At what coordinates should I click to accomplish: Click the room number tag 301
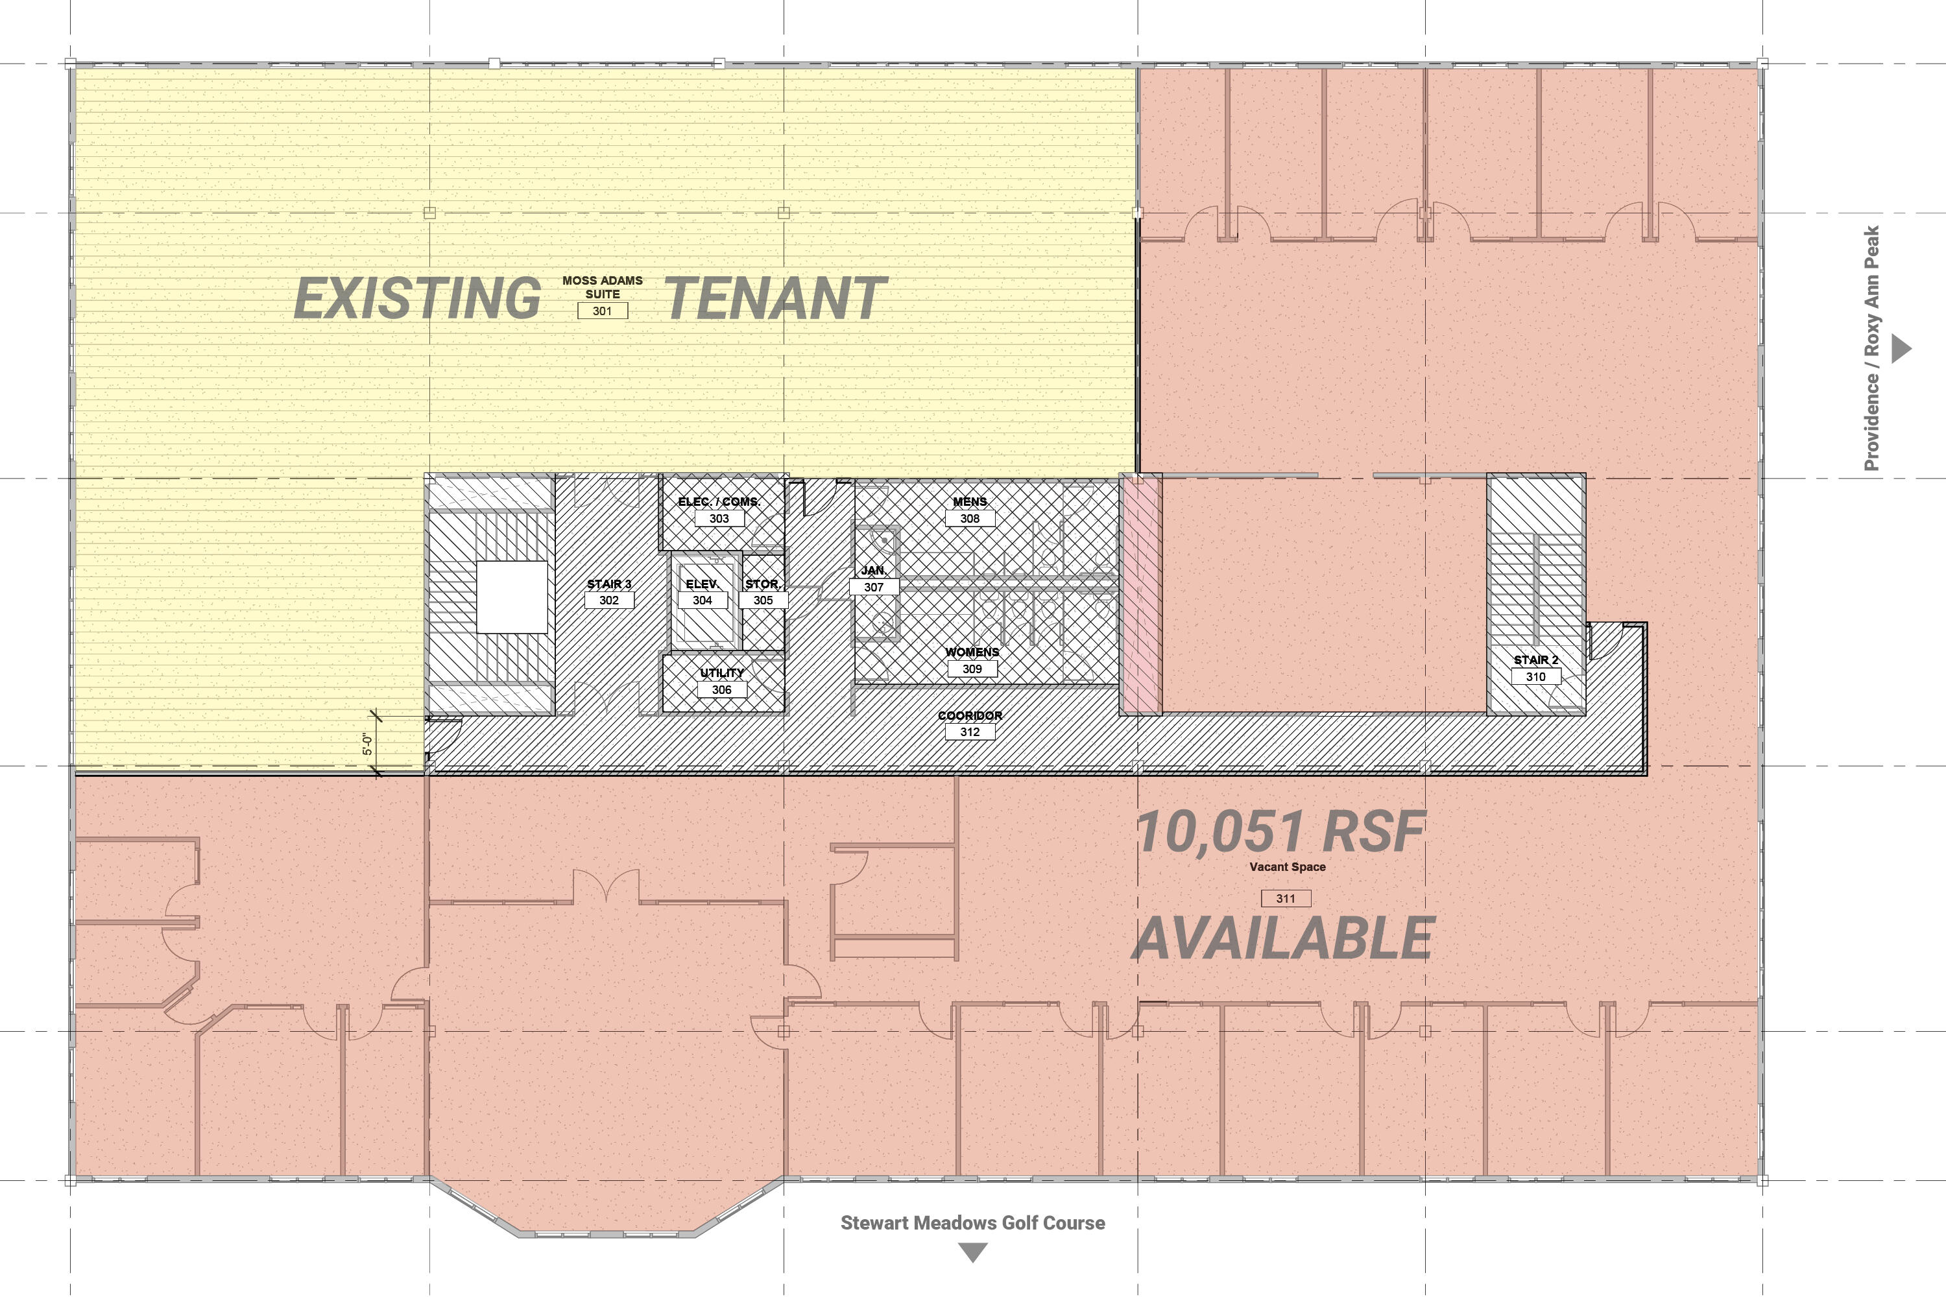pyautogui.click(x=603, y=311)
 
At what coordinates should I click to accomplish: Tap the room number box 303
pyautogui.click(x=719, y=519)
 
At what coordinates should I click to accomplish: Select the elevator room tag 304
pyautogui.click(x=703, y=601)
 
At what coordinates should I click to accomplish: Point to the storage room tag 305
pyautogui.click(x=763, y=601)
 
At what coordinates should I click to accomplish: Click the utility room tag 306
pyautogui.click(x=721, y=690)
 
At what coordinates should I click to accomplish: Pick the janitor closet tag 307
pyautogui.click(x=874, y=588)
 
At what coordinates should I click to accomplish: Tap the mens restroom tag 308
pyautogui.click(x=970, y=519)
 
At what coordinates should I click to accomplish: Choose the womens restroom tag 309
pyautogui.click(x=972, y=669)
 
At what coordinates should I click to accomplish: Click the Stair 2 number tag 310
pyautogui.click(x=1535, y=676)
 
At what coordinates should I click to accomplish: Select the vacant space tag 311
pyautogui.click(x=1286, y=898)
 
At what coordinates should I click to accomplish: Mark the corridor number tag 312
pyautogui.click(x=970, y=732)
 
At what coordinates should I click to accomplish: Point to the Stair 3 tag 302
pyautogui.click(x=609, y=601)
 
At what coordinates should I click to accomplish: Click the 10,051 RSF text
pyautogui.click(x=1280, y=831)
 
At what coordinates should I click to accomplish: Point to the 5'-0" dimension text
pyautogui.click(x=367, y=744)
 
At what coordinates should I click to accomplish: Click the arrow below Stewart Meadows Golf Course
pyautogui.click(x=973, y=1252)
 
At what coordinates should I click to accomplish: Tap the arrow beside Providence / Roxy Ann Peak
pyautogui.click(x=1901, y=348)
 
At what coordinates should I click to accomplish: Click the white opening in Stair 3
pyautogui.click(x=512, y=597)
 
